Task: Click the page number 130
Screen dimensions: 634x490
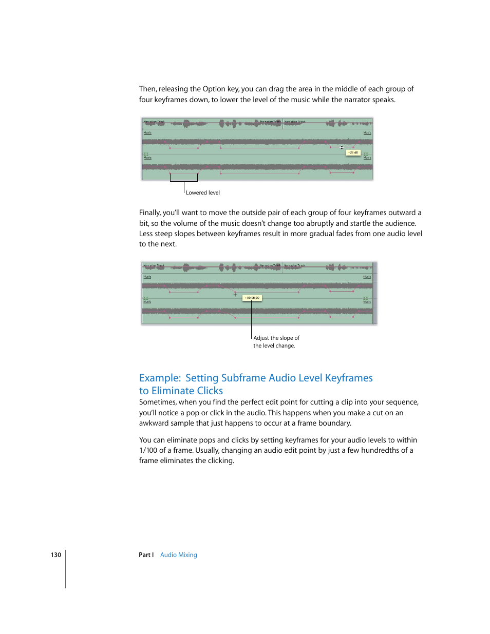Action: (x=55, y=555)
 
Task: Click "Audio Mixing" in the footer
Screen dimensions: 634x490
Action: (x=178, y=555)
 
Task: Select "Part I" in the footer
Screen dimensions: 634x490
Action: (x=146, y=555)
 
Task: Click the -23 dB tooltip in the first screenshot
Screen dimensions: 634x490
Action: (x=353, y=152)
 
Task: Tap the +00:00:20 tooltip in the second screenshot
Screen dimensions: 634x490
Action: (x=252, y=298)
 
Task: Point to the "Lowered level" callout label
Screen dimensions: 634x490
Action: (x=202, y=193)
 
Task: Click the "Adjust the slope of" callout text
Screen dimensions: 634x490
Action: (x=276, y=338)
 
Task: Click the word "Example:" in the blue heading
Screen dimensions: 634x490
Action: (x=160, y=378)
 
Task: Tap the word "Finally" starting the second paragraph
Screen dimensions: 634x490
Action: (x=149, y=213)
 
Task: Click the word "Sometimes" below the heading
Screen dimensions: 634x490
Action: (x=157, y=402)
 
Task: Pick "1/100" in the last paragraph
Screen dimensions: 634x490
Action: (x=148, y=451)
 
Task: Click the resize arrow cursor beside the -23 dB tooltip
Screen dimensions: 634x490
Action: (x=342, y=148)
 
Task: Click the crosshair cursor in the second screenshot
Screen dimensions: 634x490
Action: (x=236, y=294)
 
